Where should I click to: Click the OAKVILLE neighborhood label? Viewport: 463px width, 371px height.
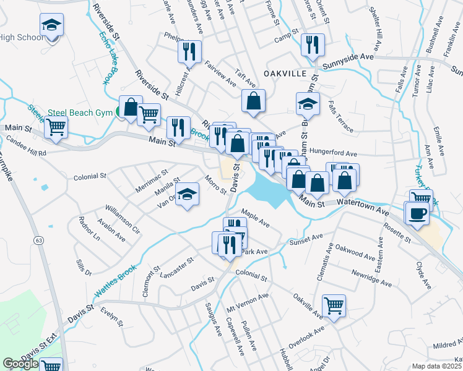(285, 73)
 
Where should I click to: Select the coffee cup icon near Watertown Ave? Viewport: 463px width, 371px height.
(416, 213)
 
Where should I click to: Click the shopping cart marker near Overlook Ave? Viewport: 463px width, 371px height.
(334, 305)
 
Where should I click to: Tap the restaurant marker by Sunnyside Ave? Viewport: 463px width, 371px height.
(311, 45)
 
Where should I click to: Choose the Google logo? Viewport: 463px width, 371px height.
(20, 364)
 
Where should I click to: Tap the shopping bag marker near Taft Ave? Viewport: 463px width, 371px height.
(253, 101)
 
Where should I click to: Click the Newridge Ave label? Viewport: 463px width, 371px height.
(372, 278)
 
